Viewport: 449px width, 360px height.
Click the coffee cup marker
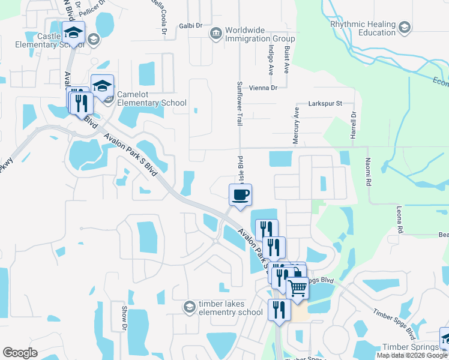pyautogui.click(x=240, y=195)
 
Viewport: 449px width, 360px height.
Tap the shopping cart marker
pyautogui.click(x=298, y=289)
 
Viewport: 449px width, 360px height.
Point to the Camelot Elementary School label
pyautogui.click(x=151, y=98)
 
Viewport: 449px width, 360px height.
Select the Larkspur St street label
pyautogui.click(x=325, y=103)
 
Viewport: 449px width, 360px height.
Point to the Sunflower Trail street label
pyautogui.click(x=239, y=103)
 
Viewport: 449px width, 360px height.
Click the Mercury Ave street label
pyautogui.click(x=296, y=125)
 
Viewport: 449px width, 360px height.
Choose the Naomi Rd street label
pyautogui.click(x=369, y=172)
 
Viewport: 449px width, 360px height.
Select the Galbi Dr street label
pyautogui.click(x=190, y=26)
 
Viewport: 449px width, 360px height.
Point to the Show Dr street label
pyautogui.click(x=125, y=318)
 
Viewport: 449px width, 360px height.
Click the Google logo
pyautogui.click(x=20, y=353)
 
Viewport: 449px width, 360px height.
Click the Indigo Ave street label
pyautogui.click(x=271, y=62)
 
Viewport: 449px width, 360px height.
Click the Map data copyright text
pyautogui.click(x=412, y=355)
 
